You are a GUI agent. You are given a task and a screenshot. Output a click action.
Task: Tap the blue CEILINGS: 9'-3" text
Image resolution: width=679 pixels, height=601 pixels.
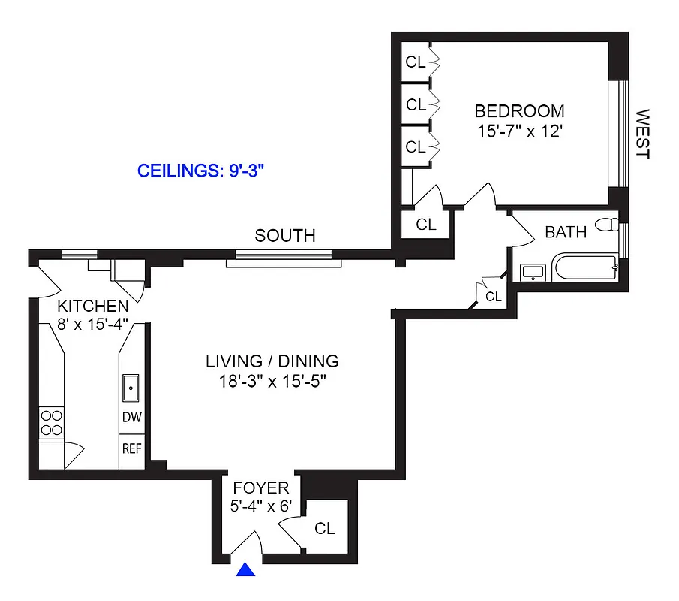pos(202,171)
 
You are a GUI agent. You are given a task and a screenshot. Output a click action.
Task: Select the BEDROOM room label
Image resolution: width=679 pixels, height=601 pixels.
pos(519,111)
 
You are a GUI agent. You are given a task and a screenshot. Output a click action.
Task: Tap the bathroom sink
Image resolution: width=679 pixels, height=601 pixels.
pos(533,270)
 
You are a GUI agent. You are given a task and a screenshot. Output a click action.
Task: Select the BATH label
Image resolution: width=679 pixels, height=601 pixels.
pos(566,232)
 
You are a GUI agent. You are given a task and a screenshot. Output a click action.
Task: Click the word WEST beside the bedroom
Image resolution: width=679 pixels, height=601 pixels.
pos(642,134)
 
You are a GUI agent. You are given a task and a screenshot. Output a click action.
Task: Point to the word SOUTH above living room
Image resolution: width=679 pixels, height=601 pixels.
pos(285,236)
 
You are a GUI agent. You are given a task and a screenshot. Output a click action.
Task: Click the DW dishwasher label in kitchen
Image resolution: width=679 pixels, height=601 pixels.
pos(132,418)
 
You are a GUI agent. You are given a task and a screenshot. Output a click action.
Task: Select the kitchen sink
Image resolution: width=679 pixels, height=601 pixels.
pos(131,389)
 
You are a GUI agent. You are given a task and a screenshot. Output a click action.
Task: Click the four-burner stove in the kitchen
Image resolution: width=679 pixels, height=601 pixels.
pos(51,422)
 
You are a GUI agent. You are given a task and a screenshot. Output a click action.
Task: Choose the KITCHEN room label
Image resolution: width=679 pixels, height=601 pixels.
pos(93,306)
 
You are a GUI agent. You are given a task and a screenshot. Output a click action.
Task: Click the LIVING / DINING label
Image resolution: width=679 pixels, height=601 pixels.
pos(272,361)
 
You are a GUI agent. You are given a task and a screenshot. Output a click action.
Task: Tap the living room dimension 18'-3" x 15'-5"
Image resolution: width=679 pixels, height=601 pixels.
pos(272,381)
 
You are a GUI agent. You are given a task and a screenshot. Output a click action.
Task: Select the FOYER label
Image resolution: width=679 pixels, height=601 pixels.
pos(260,488)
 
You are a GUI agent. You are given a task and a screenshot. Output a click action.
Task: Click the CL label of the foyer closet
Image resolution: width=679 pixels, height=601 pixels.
pos(325,529)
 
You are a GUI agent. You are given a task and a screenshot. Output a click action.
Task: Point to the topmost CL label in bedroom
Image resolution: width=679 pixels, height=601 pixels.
pos(416,62)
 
